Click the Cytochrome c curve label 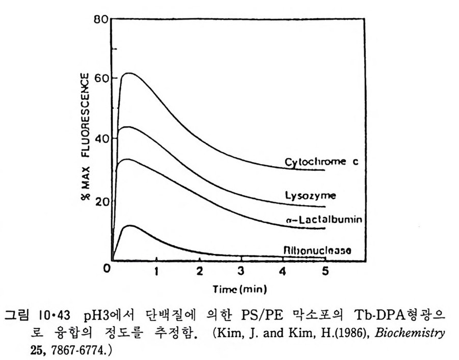click(x=321, y=163)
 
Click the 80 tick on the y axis click(x=100, y=21)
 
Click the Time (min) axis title click(x=240, y=290)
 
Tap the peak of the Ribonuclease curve click(x=132, y=225)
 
